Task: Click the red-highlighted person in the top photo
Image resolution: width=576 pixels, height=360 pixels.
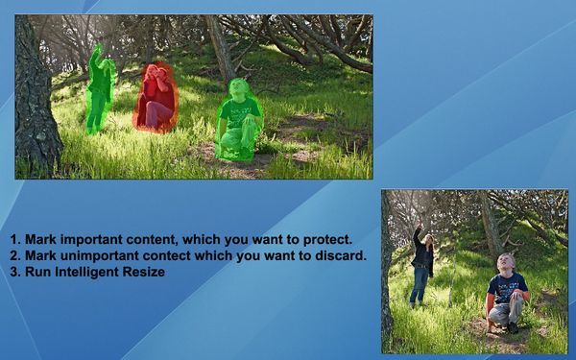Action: coord(156,98)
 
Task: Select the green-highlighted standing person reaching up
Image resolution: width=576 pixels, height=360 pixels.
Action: coord(98,91)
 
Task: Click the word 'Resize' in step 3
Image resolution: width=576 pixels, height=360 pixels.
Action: coord(145,272)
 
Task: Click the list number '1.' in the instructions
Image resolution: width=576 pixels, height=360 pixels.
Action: coord(15,239)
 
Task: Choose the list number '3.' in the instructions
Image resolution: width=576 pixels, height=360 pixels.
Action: coord(15,272)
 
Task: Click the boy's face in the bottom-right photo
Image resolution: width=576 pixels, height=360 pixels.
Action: coord(505,262)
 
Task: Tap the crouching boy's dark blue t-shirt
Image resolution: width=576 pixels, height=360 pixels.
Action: coord(506,285)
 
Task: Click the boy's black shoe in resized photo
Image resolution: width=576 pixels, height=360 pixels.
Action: coord(513,327)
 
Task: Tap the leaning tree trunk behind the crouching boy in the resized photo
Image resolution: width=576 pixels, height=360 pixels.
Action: coord(489,226)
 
